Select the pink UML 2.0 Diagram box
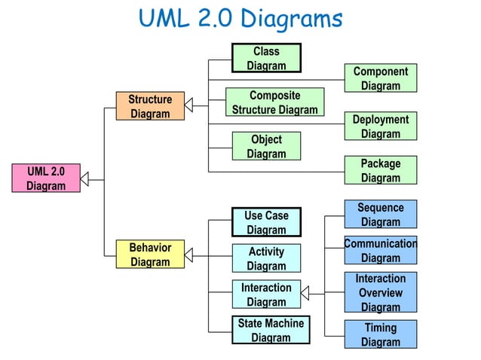[x=46, y=178]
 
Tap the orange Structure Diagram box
[x=150, y=106]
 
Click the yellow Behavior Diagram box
[x=150, y=255]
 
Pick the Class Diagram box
[x=266, y=59]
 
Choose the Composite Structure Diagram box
[x=274, y=102]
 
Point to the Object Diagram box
[x=266, y=146]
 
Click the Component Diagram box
[x=380, y=78]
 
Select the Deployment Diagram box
[x=380, y=127]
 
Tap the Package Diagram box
[x=380, y=170]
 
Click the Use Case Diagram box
[x=266, y=222]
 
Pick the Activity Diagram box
[x=266, y=258]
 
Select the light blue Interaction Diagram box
[x=266, y=294]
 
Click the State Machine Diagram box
[x=270, y=330]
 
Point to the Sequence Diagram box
[x=380, y=215]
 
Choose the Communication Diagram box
[x=380, y=251]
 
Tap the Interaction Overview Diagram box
[x=380, y=292]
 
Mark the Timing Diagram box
[x=380, y=334]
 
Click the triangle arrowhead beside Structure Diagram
[x=189, y=105]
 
